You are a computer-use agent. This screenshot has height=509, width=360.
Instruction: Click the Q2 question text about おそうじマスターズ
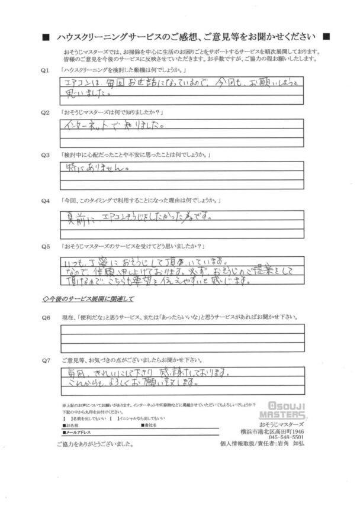click(109, 112)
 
